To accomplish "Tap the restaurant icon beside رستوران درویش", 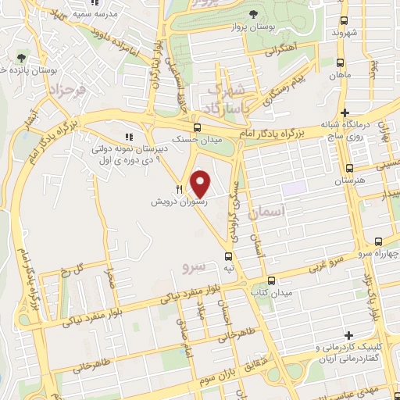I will pos(180,188).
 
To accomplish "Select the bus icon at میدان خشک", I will pos(196,128).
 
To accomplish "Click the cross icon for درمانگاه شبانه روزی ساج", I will pos(355,112).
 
